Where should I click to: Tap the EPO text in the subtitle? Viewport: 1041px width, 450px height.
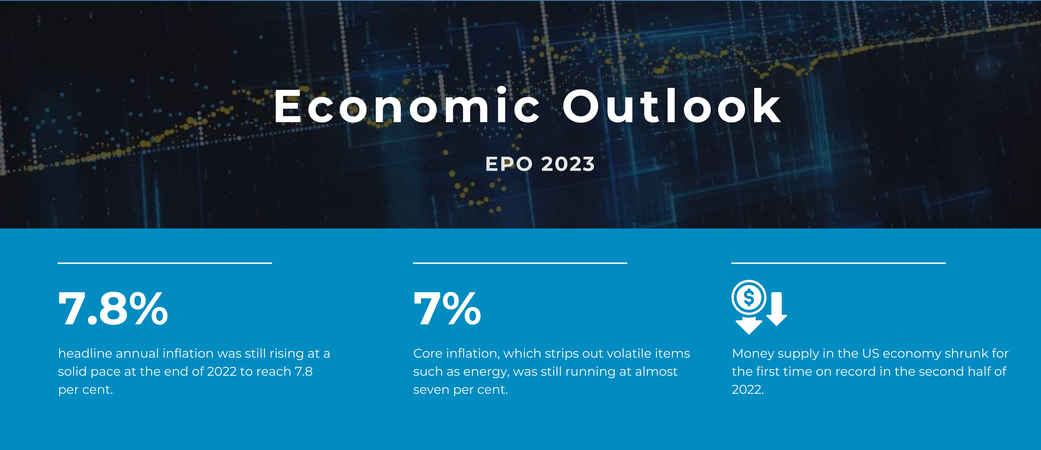coord(509,164)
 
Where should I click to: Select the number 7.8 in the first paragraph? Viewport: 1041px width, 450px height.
coord(303,372)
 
